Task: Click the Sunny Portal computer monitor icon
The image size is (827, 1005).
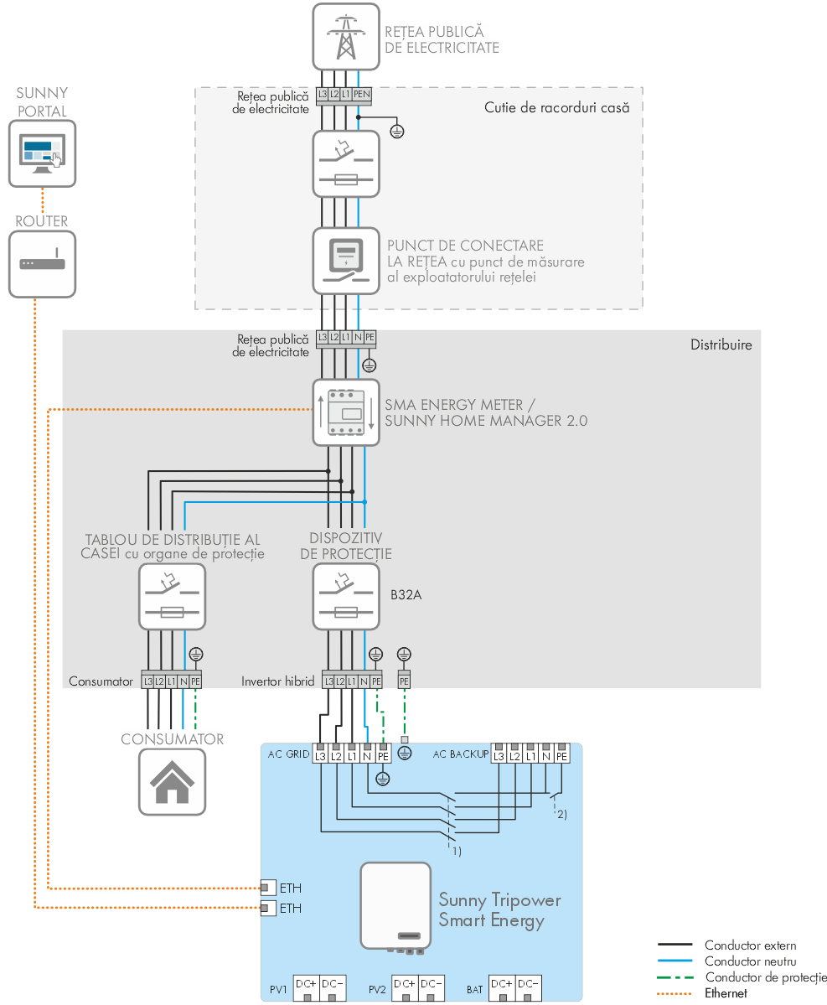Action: coord(42,153)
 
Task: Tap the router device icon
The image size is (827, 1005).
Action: coord(42,263)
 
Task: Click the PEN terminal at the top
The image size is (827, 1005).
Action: coord(361,95)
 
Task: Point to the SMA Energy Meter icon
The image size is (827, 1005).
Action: coord(345,412)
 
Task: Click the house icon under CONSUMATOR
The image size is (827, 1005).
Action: coord(172,782)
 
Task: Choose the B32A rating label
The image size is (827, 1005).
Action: coord(406,596)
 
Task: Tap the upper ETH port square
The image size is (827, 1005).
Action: coord(267,888)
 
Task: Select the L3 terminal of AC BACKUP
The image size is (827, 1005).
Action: coord(499,756)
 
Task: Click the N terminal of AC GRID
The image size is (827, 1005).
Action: coord(367,756)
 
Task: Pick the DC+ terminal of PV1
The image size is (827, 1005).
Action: coord(306,984)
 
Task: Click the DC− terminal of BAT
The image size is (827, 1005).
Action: coord(527,984)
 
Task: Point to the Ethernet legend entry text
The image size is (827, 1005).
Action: coord(726,993)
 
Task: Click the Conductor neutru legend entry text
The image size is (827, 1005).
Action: coord(750,961)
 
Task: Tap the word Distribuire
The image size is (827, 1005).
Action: coord(721,344)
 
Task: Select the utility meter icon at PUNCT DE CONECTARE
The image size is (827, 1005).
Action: coord(345,261)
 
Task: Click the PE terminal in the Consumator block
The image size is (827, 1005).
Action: coord(195,681)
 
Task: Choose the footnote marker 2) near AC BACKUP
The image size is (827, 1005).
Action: coord(561,815)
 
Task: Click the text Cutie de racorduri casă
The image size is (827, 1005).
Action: coord(556,107)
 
